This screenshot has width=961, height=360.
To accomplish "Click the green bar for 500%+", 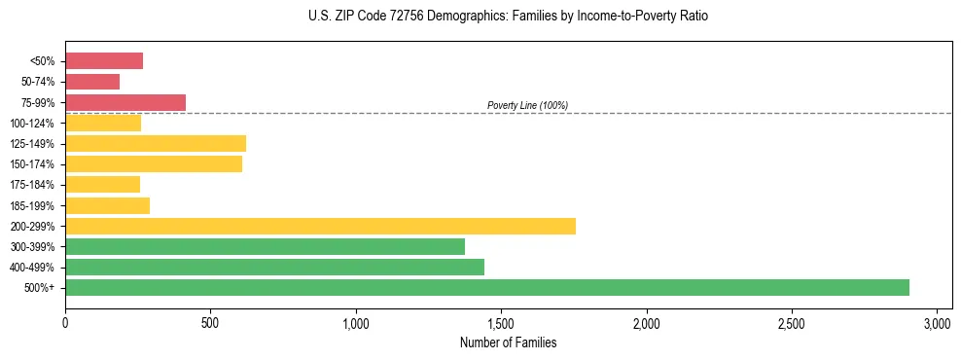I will tap(486, 287).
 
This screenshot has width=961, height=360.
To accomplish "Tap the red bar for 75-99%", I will tap(125, 102).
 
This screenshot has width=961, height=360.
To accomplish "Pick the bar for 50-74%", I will tap(92, 82).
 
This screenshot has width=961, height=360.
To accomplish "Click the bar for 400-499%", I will tap(274, 267).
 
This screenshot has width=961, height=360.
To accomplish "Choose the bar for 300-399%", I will tap(265, 246).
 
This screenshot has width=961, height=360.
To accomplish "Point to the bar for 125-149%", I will tap(156, 143).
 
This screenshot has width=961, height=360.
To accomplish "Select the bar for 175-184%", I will tap(102, 184).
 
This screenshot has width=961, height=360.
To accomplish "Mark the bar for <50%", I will tap(104, 61).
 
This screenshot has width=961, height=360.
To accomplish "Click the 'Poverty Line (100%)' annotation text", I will tap(527, 105).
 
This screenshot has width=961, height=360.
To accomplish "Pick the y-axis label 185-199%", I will tap(32, 205).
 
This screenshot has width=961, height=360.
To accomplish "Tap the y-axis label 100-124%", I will tap(32, 124).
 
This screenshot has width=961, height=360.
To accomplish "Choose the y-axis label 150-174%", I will tap(32, 164).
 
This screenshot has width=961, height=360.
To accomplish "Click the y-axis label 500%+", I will tap(39, 288).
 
